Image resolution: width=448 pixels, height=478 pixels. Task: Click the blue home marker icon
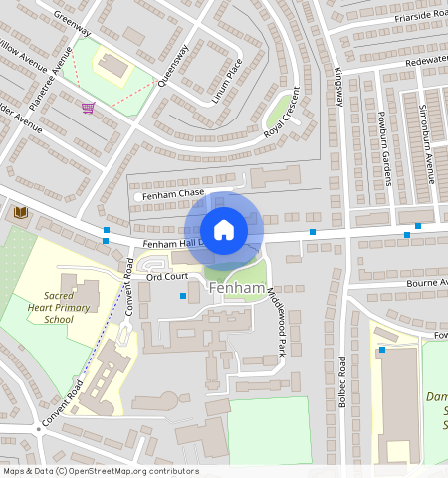tap(224, 229)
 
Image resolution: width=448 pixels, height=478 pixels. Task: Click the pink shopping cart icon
tap(89, 107)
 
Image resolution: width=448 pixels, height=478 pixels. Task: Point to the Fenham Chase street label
tap(171, 194)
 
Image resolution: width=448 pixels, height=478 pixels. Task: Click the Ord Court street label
tap(166, 276)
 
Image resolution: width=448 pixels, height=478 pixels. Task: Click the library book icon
tap(19, 213)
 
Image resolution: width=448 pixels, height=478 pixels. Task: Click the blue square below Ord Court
tap(182, 295)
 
